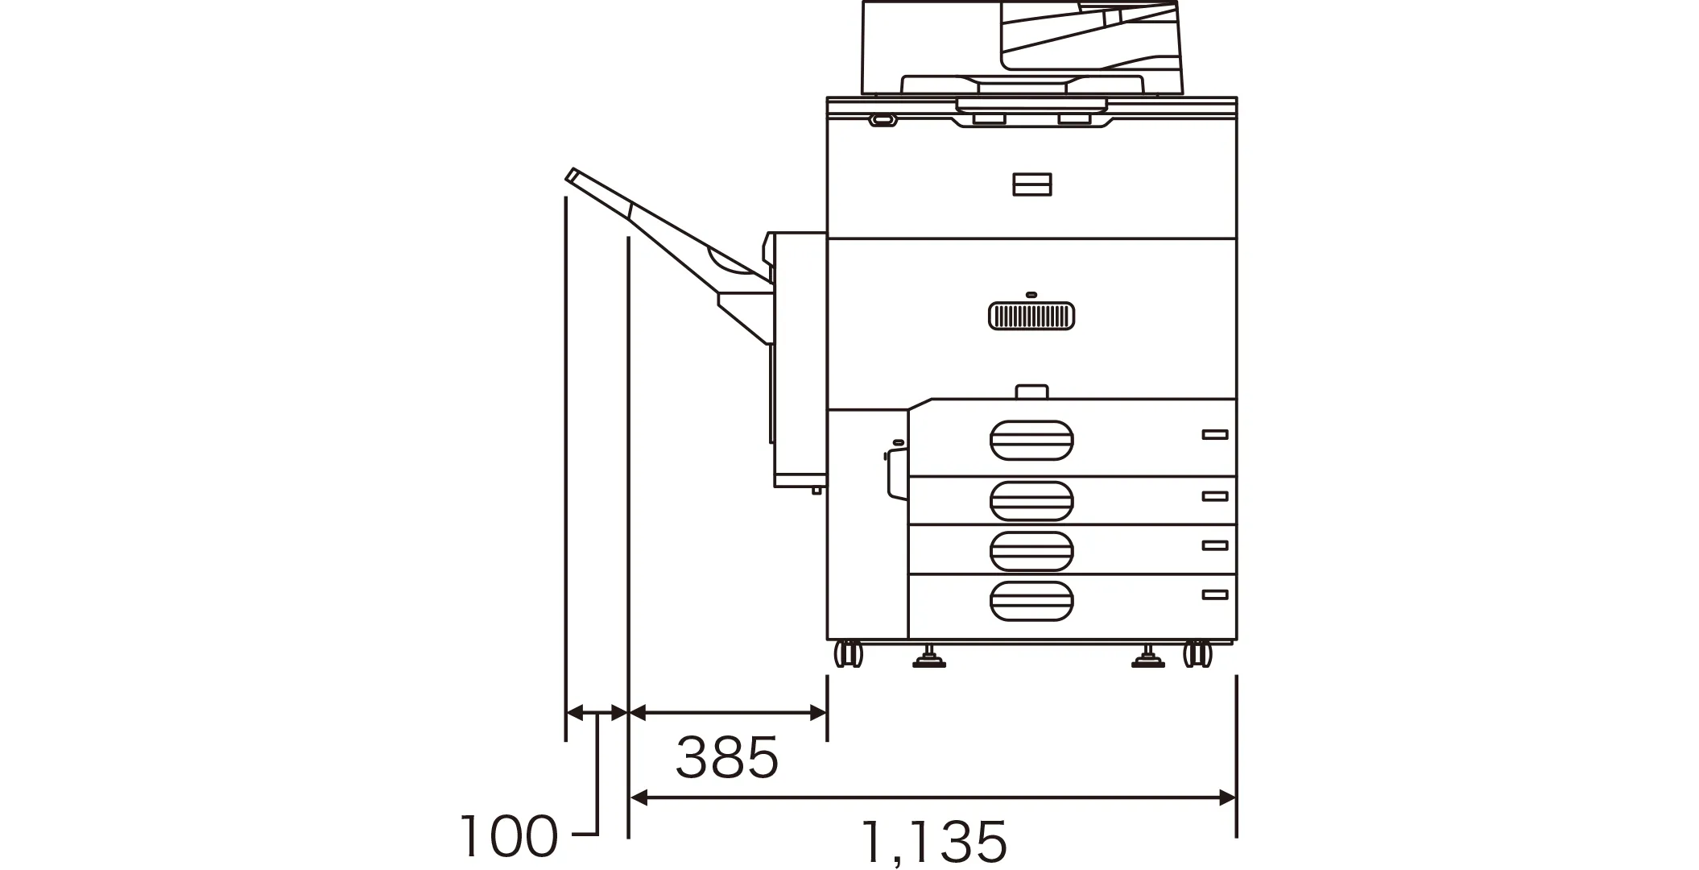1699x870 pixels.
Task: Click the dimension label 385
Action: tap(727, 757)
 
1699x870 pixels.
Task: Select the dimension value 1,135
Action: tap(934, 842)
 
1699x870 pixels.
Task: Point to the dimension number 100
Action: tap(509, 835)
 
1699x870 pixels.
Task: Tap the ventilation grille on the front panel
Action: tap(1031, 316)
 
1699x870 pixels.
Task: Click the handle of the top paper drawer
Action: tap(1031, 440)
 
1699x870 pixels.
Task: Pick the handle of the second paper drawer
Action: tap(1031, 501)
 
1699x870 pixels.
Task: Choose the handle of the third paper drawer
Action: tap(1031, 551)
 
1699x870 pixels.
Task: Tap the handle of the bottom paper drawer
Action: tap(1031, 601)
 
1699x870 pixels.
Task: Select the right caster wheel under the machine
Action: tap(1198, 653)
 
